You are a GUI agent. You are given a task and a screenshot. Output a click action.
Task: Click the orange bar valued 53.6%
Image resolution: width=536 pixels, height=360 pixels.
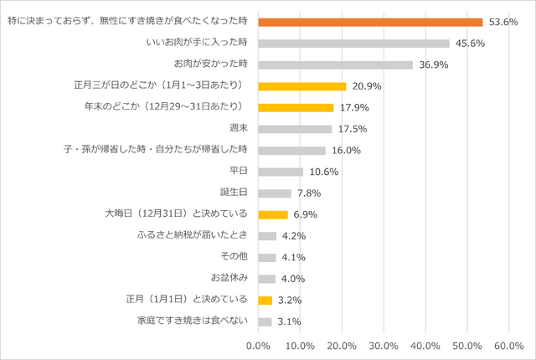click(370, 22)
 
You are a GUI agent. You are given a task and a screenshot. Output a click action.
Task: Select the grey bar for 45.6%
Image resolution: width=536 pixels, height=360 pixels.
click(353, 44)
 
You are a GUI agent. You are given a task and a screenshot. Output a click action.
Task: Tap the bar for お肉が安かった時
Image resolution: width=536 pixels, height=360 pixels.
click(335, 64)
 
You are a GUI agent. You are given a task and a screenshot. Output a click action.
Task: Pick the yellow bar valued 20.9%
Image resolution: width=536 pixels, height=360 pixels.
click(301, 86)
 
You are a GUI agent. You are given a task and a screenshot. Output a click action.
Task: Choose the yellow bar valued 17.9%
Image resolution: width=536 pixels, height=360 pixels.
click(296, 107)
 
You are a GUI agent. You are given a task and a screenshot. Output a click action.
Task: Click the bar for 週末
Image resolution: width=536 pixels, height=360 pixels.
click(295, 129)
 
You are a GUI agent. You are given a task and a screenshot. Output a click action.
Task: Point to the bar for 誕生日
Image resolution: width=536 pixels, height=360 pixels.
click(275, 193)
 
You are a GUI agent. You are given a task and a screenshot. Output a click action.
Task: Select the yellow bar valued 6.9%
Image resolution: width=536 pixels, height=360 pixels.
click(272, 214)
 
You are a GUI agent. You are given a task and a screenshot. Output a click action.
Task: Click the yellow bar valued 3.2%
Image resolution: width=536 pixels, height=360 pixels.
click(265, 300)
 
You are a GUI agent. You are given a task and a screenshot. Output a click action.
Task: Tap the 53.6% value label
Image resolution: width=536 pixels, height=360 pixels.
click(502, 22)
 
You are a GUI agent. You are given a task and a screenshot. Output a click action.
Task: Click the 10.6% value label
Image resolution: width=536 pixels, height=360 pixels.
click(323, 172)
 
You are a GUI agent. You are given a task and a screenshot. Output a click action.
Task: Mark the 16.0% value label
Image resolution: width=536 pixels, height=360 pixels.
click(346, 151)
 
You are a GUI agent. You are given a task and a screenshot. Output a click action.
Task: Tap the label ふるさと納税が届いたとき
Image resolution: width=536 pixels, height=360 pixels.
click(192, 236)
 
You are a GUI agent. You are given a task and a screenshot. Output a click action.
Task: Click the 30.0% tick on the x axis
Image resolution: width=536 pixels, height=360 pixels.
click(384, 345)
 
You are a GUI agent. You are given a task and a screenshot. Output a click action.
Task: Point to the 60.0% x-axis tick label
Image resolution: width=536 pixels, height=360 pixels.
click(509, 345)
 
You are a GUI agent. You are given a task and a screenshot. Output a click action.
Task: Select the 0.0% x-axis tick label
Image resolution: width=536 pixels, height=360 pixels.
click(258, 345)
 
